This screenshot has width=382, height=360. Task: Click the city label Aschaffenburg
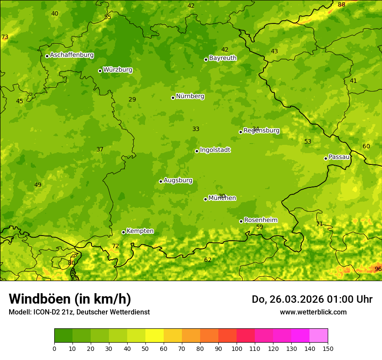coord(72,55)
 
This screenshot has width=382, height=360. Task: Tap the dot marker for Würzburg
coord(100,71)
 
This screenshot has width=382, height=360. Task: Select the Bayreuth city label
coord(223,58)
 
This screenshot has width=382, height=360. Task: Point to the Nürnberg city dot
coord(173,98)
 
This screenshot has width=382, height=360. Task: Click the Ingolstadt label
coord(215,150)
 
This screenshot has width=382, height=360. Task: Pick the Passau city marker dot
coord(326,158)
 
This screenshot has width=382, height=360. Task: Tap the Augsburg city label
coord(178,180)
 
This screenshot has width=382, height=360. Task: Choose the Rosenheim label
coord(260,220)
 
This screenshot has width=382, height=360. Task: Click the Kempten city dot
coord(123,232)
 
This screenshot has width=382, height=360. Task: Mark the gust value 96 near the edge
coord(378,269)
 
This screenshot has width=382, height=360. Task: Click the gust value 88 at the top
coord(342,4)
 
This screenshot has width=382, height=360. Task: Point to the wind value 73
coord(5,37)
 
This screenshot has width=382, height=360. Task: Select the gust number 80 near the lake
coord(72,263)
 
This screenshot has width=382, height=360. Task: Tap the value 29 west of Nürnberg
coord(132,99)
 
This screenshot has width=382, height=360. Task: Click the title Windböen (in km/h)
coord(69,299)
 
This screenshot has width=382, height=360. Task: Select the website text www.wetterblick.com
coord(313,312)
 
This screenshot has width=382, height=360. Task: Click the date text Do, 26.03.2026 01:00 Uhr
coord(312,299)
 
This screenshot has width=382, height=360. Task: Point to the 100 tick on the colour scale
coord(237,348)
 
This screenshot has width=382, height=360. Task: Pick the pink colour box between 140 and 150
coord(319,335)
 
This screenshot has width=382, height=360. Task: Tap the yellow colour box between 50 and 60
coord(155,335)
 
